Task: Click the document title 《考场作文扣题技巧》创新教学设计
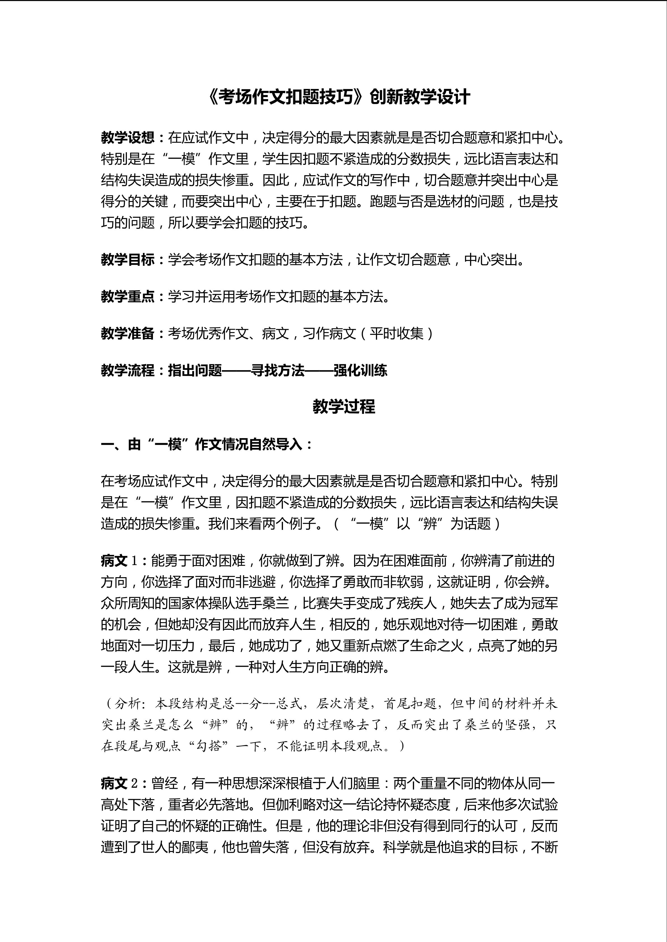click(x=339, y=98)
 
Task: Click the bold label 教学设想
click(x=127, y=138)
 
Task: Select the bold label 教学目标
click(x=127, y=260)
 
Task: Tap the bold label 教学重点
click(x=127, y=297)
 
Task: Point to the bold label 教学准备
click(x=127, y=333)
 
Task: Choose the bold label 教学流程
click(x=127, y=370)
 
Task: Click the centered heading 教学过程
click(x=344, y=407)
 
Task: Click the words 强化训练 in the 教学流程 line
click(x=360, y=370)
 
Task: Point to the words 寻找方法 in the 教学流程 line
click(x=278, y=370)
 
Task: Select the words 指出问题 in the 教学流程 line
click(x=195, y=370)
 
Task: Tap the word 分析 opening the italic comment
click(x=128, y=704)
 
